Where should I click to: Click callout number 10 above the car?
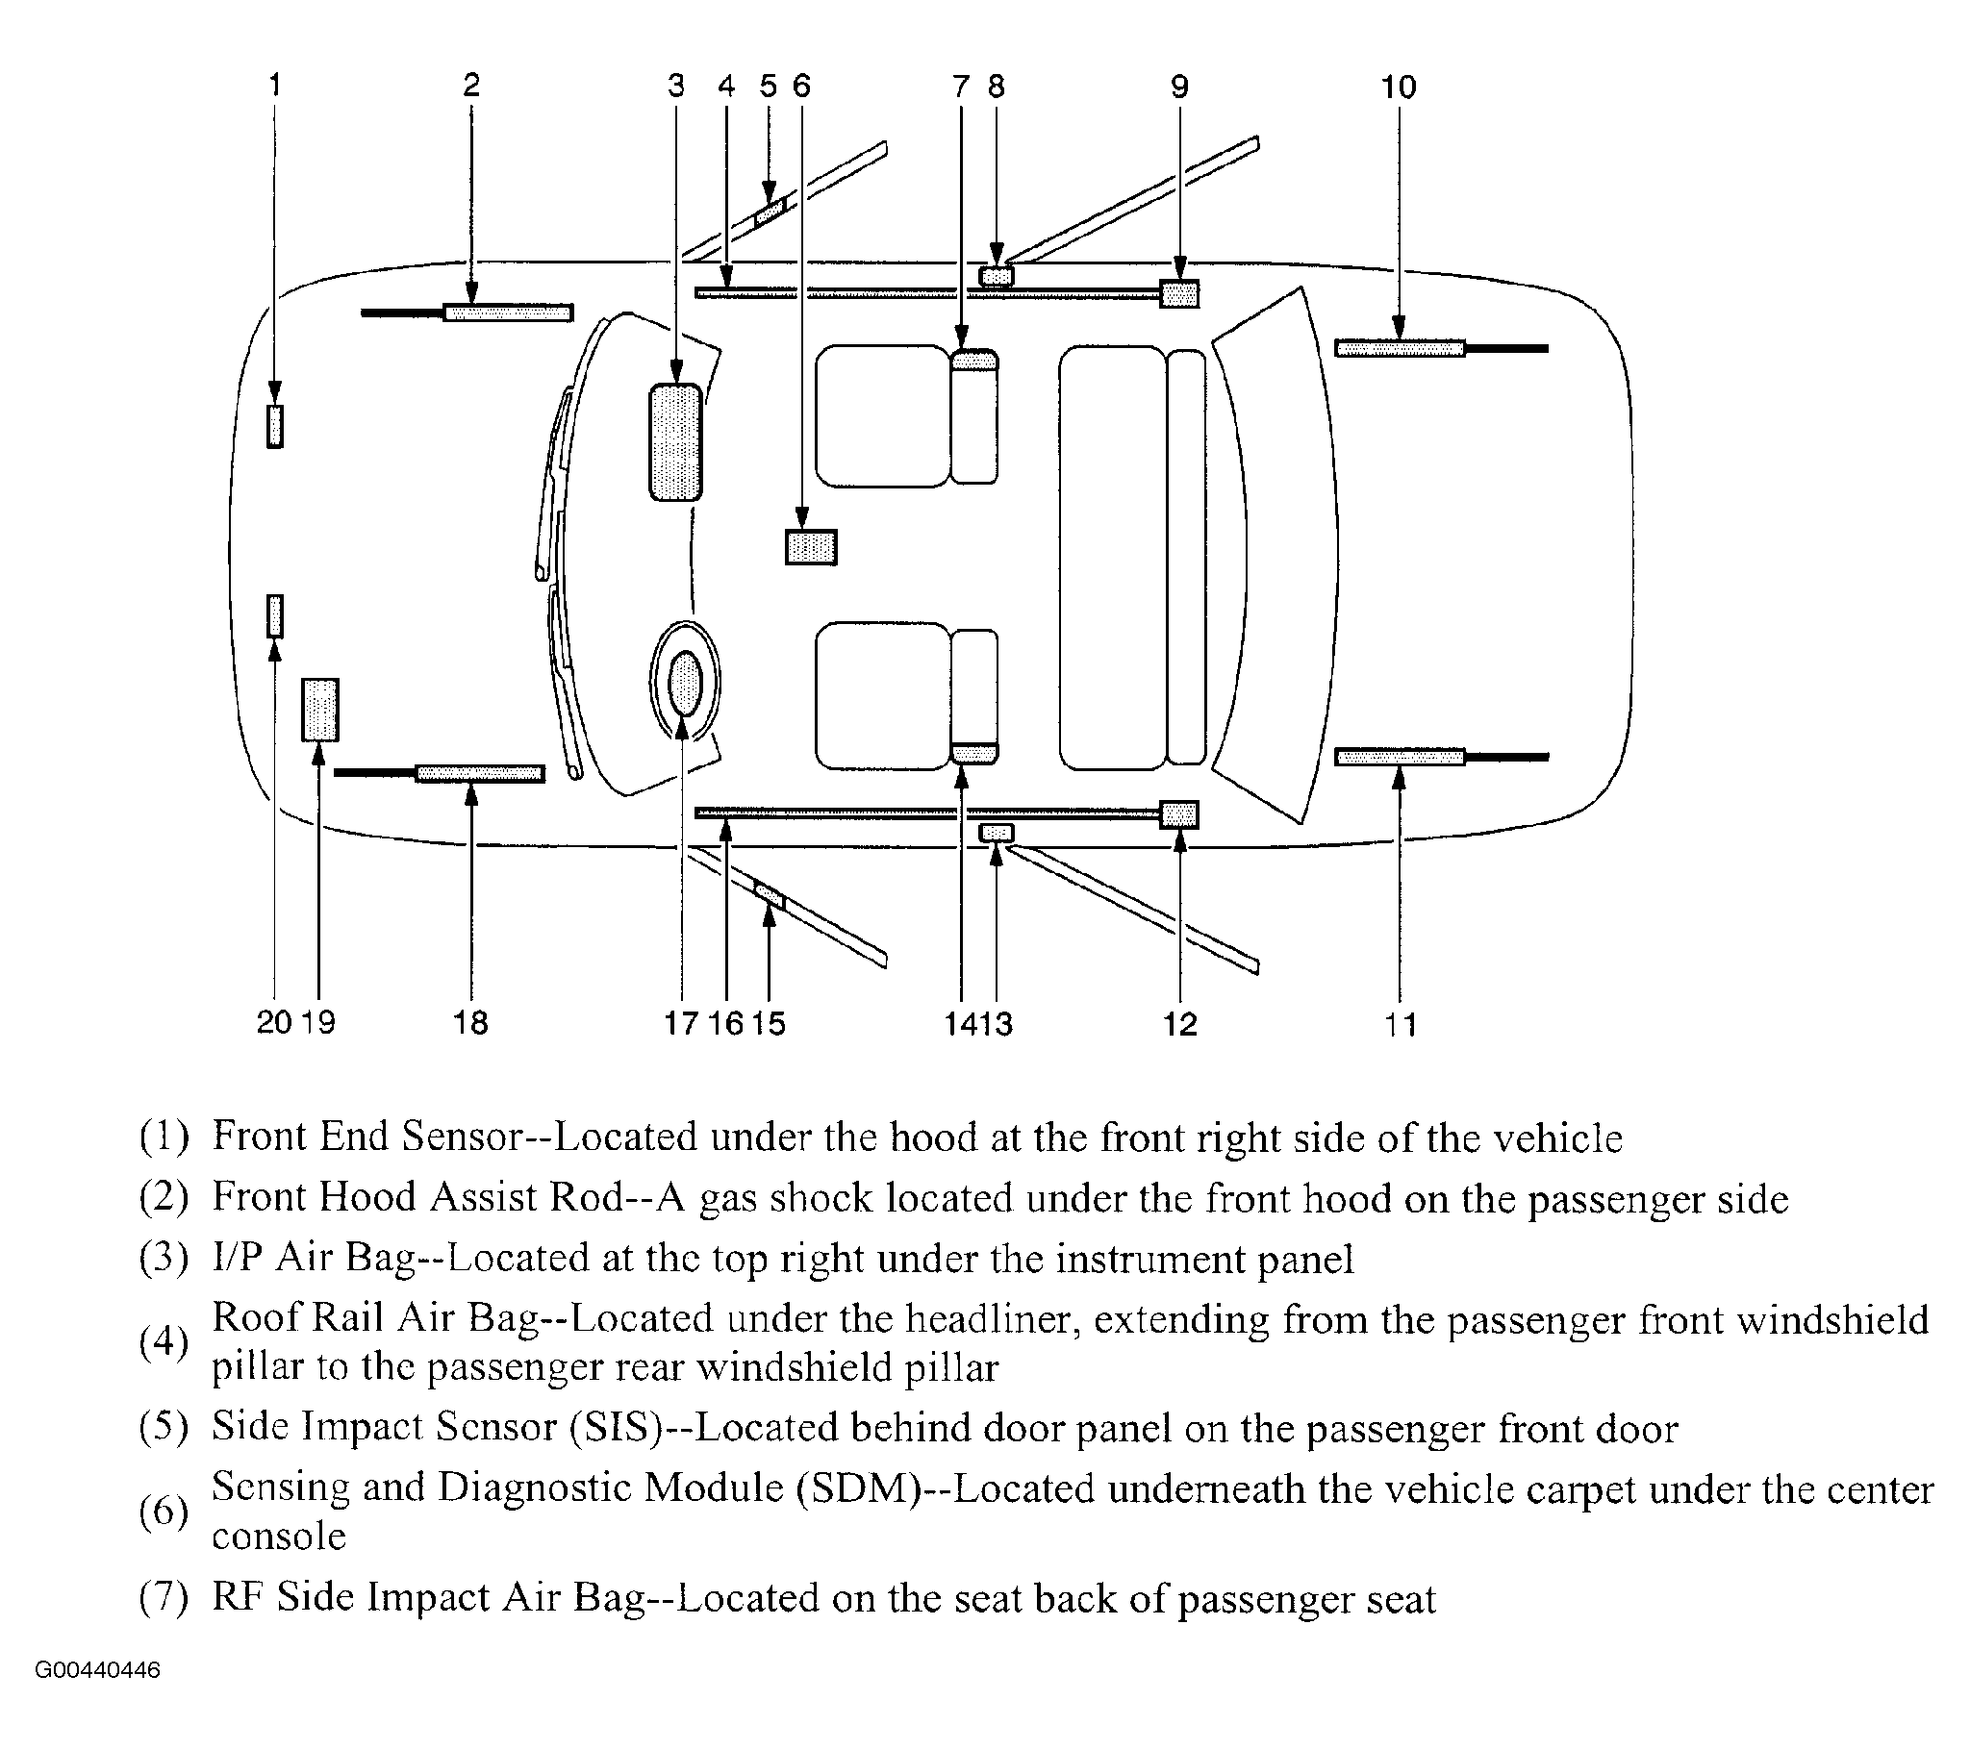(1399, 87)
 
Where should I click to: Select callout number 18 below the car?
(470, 1022)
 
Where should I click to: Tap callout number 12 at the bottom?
(1179, 1023)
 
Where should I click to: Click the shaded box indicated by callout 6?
(811, 547)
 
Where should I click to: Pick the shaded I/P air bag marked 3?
(675, 442)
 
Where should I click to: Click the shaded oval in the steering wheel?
(684, 683)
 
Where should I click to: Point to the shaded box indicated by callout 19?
(320, 710)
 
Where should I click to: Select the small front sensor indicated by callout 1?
(275, 426)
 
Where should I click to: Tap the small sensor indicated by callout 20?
(275, 616)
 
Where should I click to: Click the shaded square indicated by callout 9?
(1178, 294)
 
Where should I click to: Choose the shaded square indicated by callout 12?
(1178, 814)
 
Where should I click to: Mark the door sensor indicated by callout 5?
(770, 211)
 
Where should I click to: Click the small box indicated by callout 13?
(997, 833)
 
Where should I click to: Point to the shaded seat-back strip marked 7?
(973, 361)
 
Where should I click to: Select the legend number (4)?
(164, 1341)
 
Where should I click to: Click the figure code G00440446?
(97, 1670)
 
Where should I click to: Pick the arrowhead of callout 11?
(1400, 776)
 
